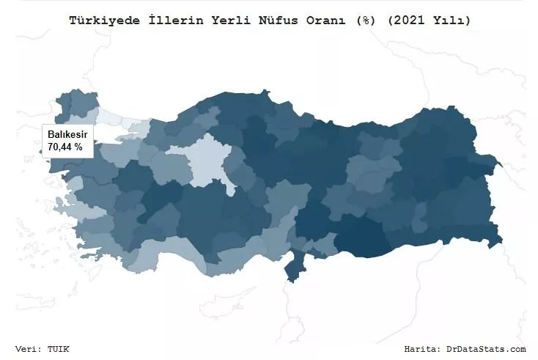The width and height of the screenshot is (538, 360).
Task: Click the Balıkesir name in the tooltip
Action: [67, 134]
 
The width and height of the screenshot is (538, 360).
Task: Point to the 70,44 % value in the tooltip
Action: [65, 147]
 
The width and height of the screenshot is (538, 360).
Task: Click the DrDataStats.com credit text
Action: [486, 349]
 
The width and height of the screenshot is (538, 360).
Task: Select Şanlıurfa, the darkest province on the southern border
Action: [364, 238]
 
